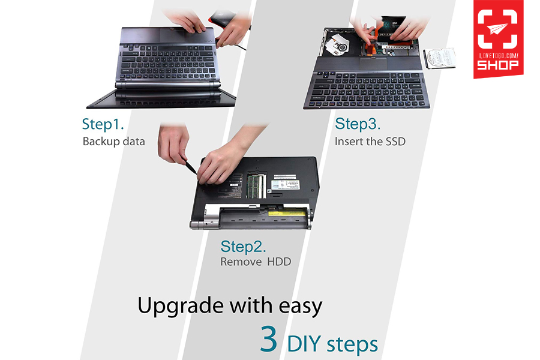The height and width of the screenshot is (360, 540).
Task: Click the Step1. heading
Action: coord(103,124)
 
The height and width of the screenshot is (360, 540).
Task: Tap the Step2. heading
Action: coord(243,247)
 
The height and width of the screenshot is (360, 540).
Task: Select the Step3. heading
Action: coord(358,124)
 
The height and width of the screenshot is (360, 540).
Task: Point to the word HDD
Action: coord(279,262)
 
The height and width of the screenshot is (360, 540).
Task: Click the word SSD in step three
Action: coord(395,141)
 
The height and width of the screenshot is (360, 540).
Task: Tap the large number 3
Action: coord(269,338)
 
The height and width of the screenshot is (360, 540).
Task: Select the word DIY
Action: coord(304,344)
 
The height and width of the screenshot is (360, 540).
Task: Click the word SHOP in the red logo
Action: coord(497,65)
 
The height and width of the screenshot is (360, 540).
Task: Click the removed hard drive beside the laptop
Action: coord(440,58)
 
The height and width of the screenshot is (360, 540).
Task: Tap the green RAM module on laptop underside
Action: coord(256,186)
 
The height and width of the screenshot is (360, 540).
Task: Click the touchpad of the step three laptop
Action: coord(373,64)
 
